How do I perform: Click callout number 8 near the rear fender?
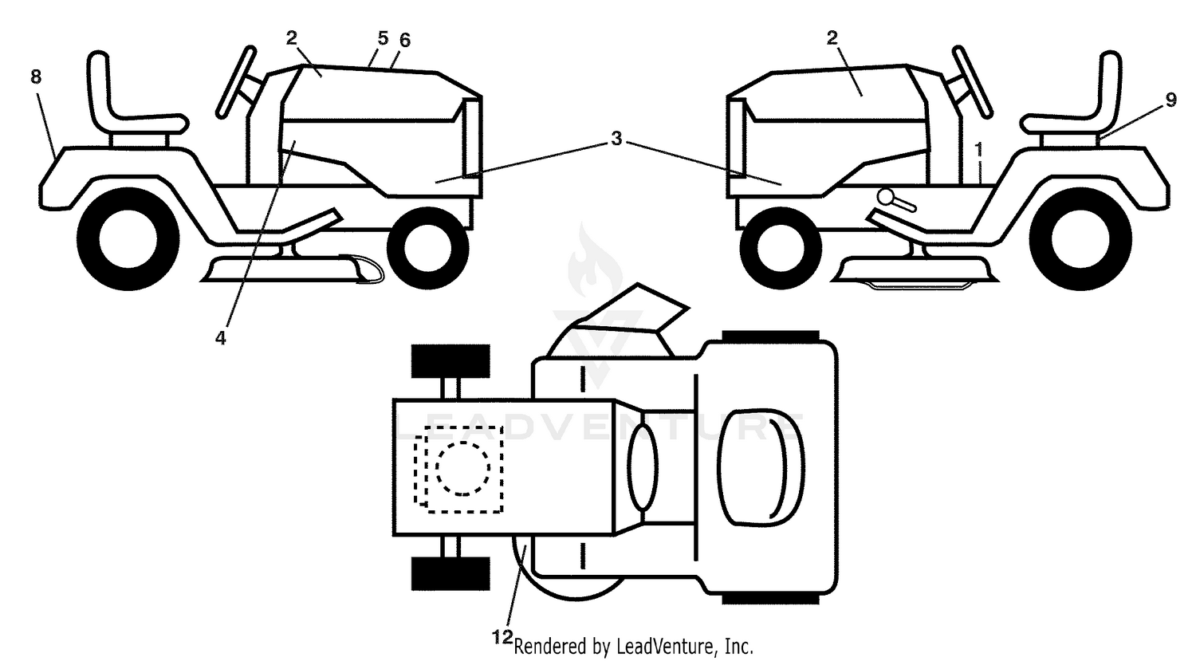point(36,77)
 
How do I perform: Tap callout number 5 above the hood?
point(383,38)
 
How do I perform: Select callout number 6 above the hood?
point(405,40)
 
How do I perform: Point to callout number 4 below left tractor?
point(221,338)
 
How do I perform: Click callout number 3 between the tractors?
point(616,139)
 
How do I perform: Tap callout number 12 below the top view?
point(502,637)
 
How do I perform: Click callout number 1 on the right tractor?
point(978,150)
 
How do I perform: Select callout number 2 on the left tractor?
point(291,38)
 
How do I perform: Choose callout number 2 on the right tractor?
point(832,38)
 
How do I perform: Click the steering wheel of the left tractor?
point(235,81)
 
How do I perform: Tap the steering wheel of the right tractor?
point(972,81)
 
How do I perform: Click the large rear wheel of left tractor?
point(128,238)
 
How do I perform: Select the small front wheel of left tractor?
point(427,248)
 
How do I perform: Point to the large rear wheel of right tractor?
point(1080,238)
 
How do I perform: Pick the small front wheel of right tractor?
point(781,248)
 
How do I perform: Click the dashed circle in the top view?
point(463,469)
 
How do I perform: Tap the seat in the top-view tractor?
point(761,468)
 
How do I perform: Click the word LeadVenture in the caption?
point(663,647)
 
